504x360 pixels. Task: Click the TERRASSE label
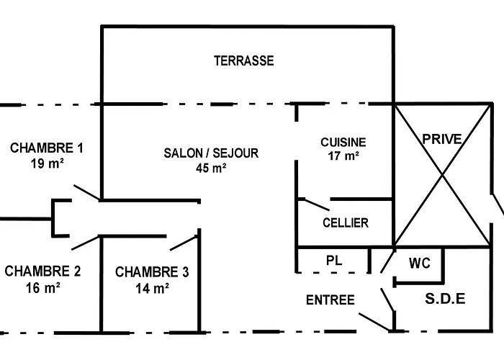(243, 61)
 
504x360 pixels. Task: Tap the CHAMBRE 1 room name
(47, 148)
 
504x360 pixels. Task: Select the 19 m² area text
(46, 163)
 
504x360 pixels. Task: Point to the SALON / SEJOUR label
(211, 153)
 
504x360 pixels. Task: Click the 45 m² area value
(211, 168)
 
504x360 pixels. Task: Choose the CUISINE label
(343, 143)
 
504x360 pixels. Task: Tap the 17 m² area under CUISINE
(343, 156)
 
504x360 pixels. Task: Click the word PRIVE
(441, 139)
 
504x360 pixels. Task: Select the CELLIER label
(346, 223)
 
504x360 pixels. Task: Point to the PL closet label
(333, 261)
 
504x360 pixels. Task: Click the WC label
(420, 264)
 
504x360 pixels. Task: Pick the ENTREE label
(330, 300)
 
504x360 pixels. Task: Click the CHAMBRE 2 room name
(42, 271)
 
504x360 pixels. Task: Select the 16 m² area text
(42, 287)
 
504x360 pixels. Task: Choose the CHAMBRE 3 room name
(152, 272)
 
